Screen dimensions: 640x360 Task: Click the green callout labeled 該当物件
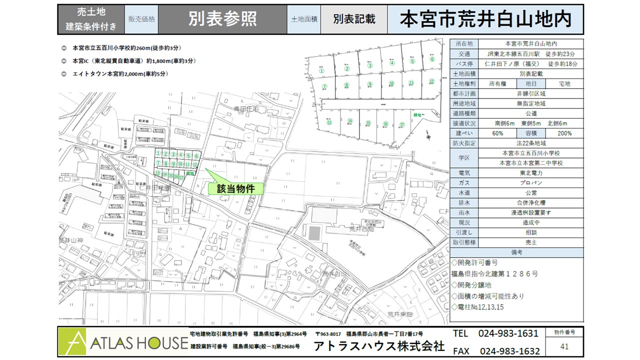235,188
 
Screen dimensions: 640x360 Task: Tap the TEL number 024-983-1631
508,333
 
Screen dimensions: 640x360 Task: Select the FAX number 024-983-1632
509,351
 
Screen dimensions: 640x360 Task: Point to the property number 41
564,346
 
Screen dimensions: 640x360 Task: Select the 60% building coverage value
497,133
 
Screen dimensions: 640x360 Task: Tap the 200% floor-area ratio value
564,133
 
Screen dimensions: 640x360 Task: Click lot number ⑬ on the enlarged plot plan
329,122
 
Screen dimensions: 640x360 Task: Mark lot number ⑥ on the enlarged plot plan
432,59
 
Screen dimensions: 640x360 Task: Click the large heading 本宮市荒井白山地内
486,19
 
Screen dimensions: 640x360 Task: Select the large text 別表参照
222,19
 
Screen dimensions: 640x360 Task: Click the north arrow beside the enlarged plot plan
427,134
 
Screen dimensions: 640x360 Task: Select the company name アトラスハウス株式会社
378,346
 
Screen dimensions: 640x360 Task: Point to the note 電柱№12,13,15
480,306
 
